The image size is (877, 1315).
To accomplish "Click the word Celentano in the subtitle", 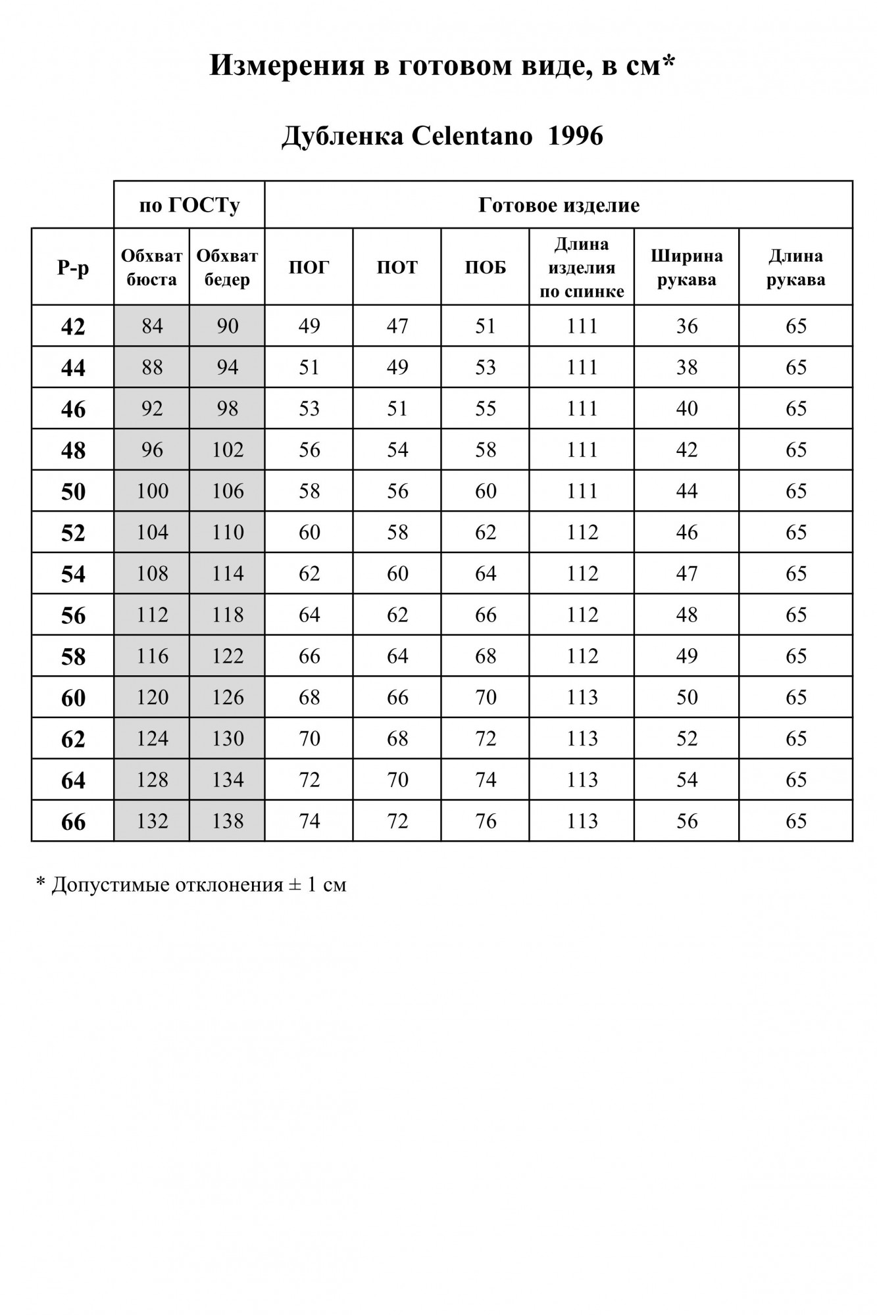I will (472, 136).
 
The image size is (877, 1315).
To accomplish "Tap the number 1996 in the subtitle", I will (575, 136).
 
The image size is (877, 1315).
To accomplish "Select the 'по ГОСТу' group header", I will (189, 205).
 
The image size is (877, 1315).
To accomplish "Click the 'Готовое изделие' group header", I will (559, 205).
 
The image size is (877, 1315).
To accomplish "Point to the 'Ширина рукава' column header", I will (687, 268).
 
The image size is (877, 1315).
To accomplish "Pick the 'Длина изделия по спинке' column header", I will (582, 268).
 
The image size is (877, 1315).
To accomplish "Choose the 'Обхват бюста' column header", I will (152, 268).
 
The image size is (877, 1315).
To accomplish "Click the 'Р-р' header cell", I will (73, 268).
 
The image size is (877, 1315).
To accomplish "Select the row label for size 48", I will (73, 450).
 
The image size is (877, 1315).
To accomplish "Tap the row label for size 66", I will (73, 822).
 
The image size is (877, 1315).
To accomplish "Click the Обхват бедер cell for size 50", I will (228, 491).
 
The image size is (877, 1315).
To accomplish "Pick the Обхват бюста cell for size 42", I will (152, 326).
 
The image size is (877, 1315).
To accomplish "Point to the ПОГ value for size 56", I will (309, 615).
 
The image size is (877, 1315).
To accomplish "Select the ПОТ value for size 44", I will (397, 367).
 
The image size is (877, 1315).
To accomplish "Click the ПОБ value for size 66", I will (486, 821).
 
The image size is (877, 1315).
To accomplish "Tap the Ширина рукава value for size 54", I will (687, 573).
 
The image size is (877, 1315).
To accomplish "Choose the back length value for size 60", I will (582, 698).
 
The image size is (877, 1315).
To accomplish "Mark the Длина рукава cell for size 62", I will (796, 738).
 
